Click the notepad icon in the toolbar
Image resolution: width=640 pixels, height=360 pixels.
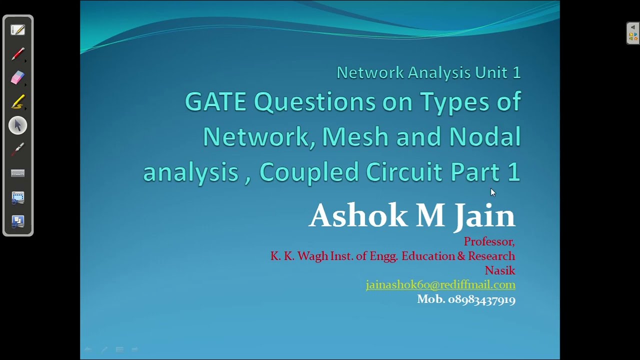tap(18, 30)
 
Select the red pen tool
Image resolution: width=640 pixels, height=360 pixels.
tap(18, 53)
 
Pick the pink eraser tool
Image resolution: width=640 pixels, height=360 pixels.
tap(18, 77)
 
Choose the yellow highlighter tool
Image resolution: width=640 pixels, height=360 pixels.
tap(18, 101)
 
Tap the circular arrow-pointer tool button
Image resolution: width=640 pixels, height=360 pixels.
tap(18, 125)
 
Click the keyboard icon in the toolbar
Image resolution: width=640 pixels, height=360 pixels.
tap(18, 173)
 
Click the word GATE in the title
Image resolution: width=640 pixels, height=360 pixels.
tap(215, 102)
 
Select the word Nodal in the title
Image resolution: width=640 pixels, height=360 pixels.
tap(485, 136)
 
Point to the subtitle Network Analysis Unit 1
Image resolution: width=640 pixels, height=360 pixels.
tap(428, 73)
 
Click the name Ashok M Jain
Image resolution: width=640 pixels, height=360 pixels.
tap(412, 215)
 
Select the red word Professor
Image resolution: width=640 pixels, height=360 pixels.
tap(488, 241)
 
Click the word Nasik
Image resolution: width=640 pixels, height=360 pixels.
tap(500, 270)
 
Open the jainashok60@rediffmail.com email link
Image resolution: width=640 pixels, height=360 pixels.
tap(440, 284)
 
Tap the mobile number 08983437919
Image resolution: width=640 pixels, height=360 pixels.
tap(481, 299)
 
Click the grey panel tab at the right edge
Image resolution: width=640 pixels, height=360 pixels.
tap(633, 33)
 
